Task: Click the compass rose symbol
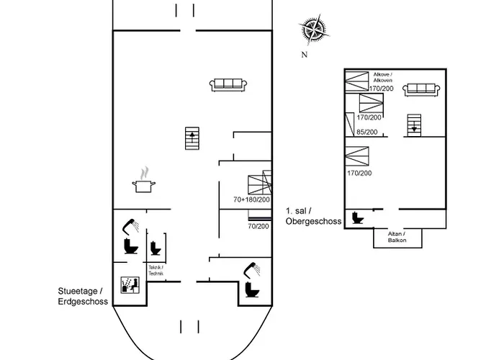pyautogui.click(x=314, y=30)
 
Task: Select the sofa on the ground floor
pyautogui.click(x=228, y=85)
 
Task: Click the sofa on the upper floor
pyautogui.click(x=421, y=90)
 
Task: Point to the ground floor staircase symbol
pyautogui.click(x=192, y=138)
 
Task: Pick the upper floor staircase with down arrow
pyautogui.click(x=414, y=125)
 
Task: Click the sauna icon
pyautogui.click(x=130, y=285)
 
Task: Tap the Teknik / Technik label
pyautogui.click(x=156, y=270)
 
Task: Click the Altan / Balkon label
pyautogui.click(x=397, y=237)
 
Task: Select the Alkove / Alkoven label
pyautogui.click(x=383, y=77)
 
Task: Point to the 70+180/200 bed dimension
pyautogui.click(x=251, y=199)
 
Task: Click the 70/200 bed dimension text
pyautogui.click(x=258, y=226)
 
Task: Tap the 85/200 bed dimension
pyautogui.click(x=367, y=132)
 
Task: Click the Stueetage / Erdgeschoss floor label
pyautogui.click(x=83, y=296)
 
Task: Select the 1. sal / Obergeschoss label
pyautogui.click(x=313, y=216)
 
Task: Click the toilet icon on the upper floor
pyautogui.click(x=357, y=217)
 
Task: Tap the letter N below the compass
pyautogui.click(x=305, y=55)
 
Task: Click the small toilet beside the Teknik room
pyautogui.click(x=156, y=248)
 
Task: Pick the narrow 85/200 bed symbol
pyautogui.click(x=350, y=125)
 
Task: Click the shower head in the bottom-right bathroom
pyautogui.click(x=252, y=269)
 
